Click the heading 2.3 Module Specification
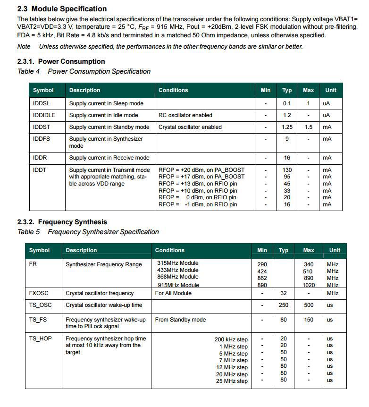coord(62,8)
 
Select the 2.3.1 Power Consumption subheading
coord(61,61)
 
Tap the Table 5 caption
coord(88,232)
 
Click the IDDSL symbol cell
coord(42,103)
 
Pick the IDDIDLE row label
coord(44,115)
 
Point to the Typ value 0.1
coord(287,103)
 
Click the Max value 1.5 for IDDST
coord(308,127)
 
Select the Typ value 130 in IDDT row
coord(287,170)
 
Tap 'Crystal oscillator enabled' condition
coord(190,127)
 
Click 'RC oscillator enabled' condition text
coord(185,115)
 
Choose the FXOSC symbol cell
coord(39,293)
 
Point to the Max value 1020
coord(308,285)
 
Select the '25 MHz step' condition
coord(232,381)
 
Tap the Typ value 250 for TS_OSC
coord(284,305)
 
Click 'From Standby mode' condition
coord(180,320)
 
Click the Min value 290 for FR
coord(262,264)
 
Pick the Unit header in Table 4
coord(331,90)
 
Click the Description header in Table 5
coord(81,250)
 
